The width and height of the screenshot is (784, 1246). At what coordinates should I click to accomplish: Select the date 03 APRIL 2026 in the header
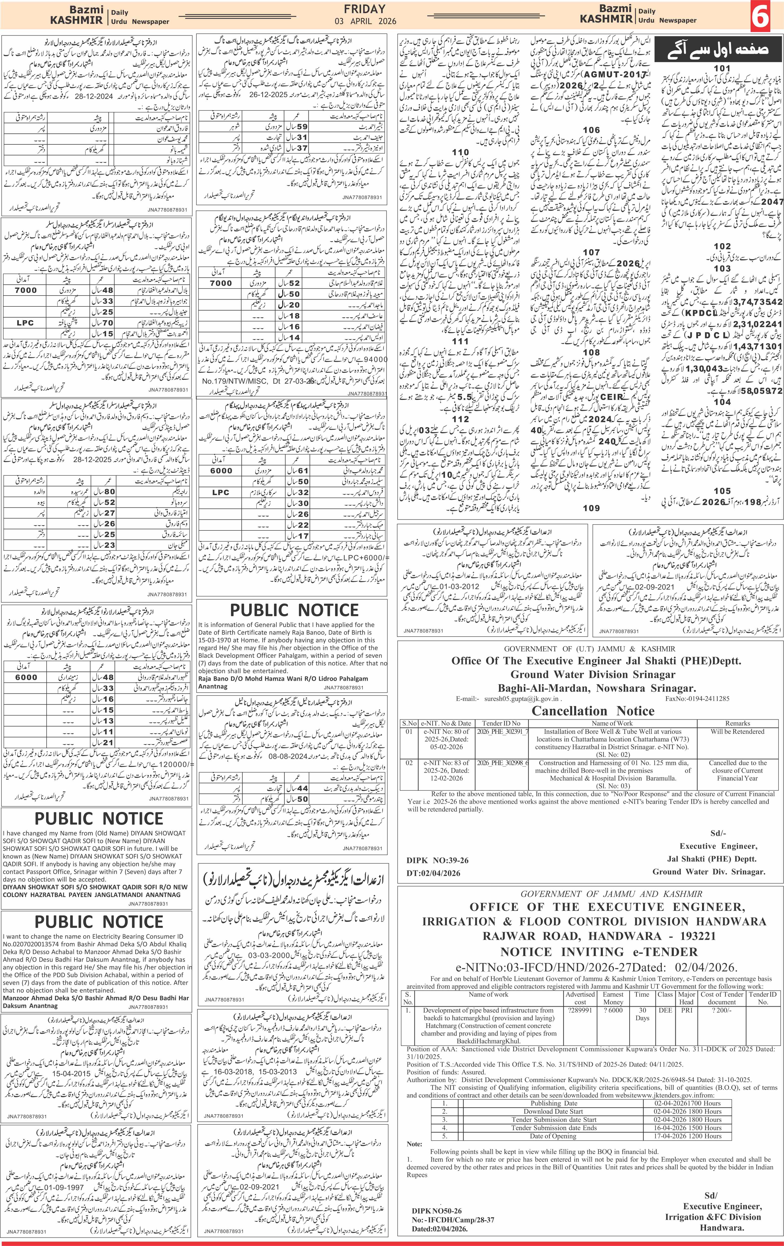(365, 21)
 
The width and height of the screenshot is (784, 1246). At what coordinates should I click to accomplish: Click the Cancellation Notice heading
(593, 710)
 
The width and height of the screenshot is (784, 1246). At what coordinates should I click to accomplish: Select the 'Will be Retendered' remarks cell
(737, 731)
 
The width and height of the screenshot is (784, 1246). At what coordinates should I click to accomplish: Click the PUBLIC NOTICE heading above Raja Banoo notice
(294, 610)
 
